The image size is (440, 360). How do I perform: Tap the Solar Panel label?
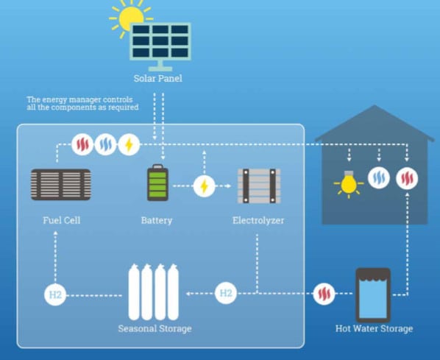coord(158,78)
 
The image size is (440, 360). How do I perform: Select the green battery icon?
coord(157,183)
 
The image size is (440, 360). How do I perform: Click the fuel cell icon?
coord(60,184)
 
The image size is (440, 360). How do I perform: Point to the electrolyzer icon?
coord(259,186)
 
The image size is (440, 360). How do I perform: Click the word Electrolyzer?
coord(258,220)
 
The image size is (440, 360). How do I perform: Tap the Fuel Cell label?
coord(62,220)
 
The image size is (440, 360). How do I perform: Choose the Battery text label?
coord(157,220)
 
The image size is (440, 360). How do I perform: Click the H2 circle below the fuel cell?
coord(55,295)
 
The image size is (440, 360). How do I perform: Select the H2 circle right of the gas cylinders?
coord(226,293)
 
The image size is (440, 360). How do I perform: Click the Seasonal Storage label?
coord(155,328)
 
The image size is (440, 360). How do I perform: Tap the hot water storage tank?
coord(373,295)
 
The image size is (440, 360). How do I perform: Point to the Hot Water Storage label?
coord(374,328)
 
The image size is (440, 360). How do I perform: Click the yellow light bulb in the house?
coord(349,184)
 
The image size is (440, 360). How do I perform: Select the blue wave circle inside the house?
coord(379,177)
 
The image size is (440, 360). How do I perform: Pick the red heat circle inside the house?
coord(407,178)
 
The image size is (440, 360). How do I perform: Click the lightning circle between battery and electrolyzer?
coord(205,186)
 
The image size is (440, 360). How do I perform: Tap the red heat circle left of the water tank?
coord(324,294)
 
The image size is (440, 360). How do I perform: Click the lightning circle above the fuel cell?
coord(129,144)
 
